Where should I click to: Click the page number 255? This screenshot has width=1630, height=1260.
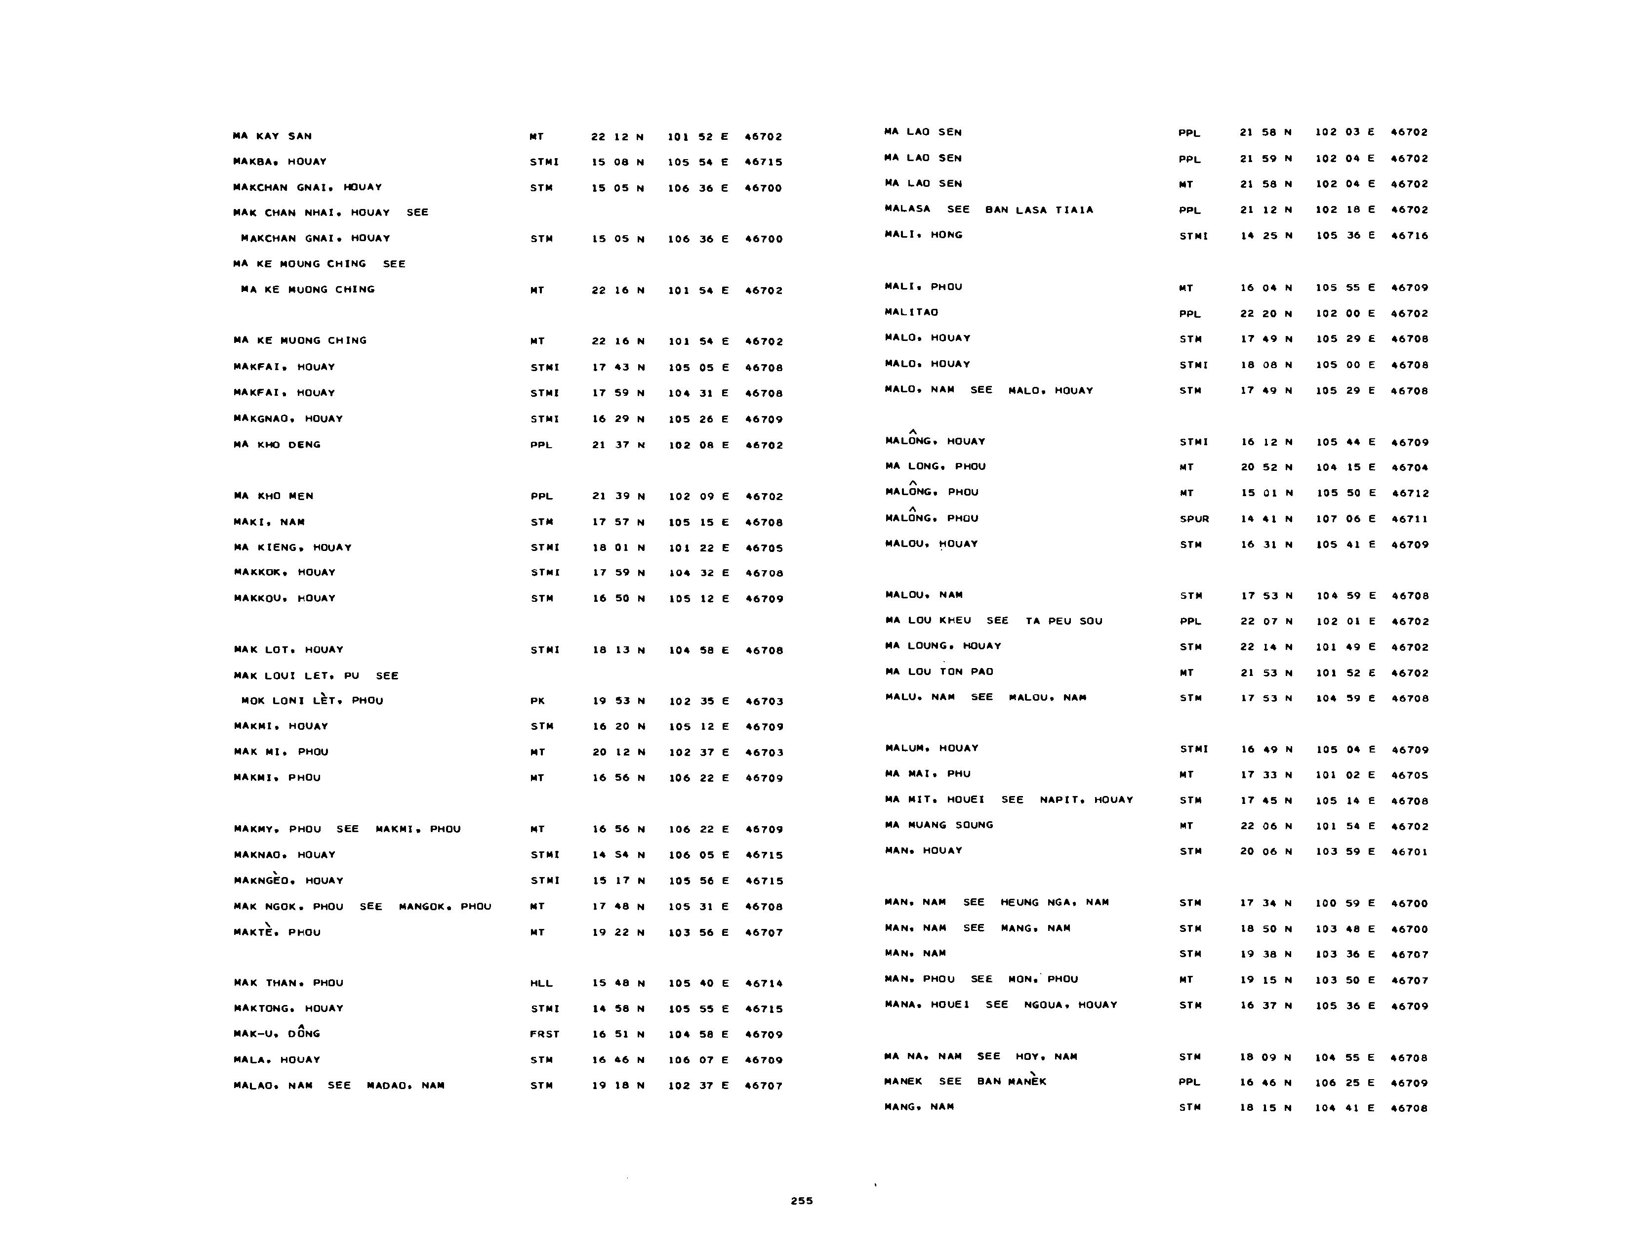(x=802, y=1200)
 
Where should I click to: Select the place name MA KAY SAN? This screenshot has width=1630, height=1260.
(x=273, y=136)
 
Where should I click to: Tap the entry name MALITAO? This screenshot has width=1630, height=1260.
(x=911, y=312)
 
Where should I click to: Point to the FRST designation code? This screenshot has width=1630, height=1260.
(x=544, y=1034)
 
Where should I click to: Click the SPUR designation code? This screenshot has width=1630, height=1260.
(x=1194, y=519)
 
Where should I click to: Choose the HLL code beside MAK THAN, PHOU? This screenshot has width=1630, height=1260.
(x=541, y=983)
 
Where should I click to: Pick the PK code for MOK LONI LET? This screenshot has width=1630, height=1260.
(x=537, y=701)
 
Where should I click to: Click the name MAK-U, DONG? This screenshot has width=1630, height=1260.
(x=277, y=1034)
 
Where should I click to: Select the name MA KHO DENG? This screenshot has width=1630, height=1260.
(x=277, y=445)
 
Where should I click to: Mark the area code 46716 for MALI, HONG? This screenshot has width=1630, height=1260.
(x=1409, y=235)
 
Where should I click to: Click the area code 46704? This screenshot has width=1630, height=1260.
(x=1409, y=467)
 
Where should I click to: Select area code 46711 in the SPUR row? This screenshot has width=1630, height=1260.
(x=1409, y=519)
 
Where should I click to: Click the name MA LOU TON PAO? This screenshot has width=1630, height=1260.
(x=939, y=672)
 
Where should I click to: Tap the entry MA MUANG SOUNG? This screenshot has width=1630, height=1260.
(x=939, y=825)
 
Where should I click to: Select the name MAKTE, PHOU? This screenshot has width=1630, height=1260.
(x=277, y=932)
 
